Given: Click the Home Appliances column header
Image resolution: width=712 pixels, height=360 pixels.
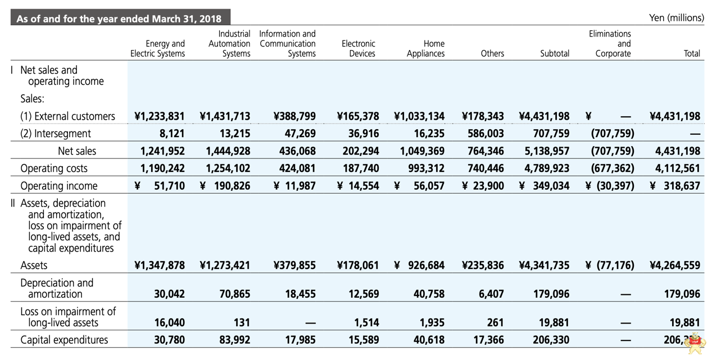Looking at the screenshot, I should pyautogui.click(x=425, y=48).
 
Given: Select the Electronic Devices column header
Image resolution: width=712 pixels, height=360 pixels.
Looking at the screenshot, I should pyautogui.click(x=358, y=48).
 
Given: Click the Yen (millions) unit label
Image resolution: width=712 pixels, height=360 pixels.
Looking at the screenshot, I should pyautogui.click(x=676, y=18).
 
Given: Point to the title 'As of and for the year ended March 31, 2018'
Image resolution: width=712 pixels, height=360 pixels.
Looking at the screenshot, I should pyautogui.click(x=119, y=19).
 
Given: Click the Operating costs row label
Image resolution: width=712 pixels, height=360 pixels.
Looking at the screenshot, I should pyautogui.click(x=54, y=168).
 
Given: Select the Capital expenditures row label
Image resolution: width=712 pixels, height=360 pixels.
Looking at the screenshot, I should pyautogui.click(x=64, y=340).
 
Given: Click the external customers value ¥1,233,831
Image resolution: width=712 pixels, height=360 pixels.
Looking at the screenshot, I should pyautogui.click(x=160, y=117).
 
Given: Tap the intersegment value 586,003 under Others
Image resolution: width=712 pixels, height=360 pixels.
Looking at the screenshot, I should pyautogui.click(x=486, y=134).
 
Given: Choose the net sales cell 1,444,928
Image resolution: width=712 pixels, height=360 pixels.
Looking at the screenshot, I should pyautogui.click(x=228, y=151).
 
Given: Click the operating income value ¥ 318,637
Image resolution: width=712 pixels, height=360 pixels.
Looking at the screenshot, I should pyautogui.click(x=675, y=186).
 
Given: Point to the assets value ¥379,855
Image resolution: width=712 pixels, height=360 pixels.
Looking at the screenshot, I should pyautogui.click(x=294, y=265).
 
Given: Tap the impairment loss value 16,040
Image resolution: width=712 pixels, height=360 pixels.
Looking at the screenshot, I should pyautogui.click(x=169, y=322).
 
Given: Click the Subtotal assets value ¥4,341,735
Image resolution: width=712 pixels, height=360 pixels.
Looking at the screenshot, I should pyautogui.click(x=544, y=265).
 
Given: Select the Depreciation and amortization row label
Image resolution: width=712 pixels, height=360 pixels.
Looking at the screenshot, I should pyautogui.click(x=56, y=288).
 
